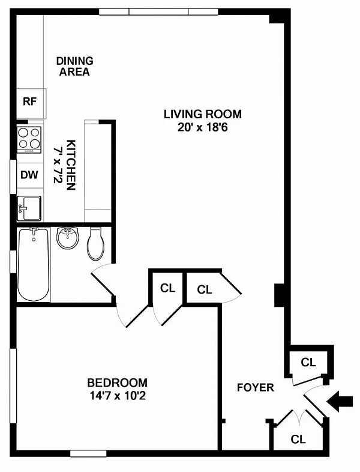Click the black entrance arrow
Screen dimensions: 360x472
[340, 401]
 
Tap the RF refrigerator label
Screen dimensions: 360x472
[29, 101]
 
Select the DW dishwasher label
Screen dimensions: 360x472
[29, 175]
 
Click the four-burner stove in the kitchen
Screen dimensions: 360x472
[29, 139]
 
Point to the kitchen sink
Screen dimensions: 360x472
[29, 208]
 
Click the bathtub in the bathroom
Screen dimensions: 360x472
[34, 264]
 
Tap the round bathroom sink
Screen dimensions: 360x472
[68, 238]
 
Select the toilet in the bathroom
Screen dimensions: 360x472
[96, 244]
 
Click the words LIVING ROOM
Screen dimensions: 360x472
[202, 114]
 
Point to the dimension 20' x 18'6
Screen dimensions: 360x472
[202, 127]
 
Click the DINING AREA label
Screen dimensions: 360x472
[74, 66]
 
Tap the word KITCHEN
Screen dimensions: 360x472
[71, 165]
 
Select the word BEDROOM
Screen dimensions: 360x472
[117, 383]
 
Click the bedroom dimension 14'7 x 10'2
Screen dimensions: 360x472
[117, 395]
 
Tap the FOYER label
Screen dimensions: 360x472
[256, 387]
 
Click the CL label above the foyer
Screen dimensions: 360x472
[308, 363]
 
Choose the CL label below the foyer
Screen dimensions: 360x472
[298, 440]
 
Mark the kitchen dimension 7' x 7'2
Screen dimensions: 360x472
[58, 165]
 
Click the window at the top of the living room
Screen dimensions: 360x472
[158, 12]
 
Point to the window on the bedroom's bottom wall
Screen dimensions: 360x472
[88, 453]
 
